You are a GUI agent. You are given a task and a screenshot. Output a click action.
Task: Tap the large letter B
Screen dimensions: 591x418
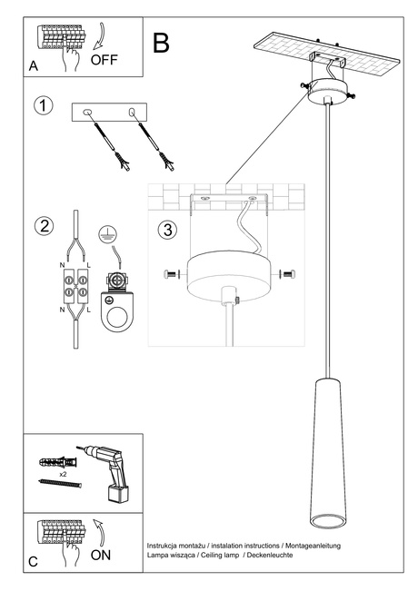pyautogui.click(x=163, y=42)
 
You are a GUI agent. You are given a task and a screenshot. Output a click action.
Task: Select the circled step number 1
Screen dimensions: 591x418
pyautogui.click(x=43, y=106)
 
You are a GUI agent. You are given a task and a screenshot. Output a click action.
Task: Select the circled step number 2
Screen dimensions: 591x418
pyautogui.click(x=43, y=226)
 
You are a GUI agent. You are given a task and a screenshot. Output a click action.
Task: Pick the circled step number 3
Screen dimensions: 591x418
pyautogui.click(x=166, y=230)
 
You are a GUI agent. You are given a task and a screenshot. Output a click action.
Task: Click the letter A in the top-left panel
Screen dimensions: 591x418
pyautogui.click(x=34, y=66)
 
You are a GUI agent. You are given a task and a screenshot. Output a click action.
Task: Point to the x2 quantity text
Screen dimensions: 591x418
pyautogui.click(x=64, y=474)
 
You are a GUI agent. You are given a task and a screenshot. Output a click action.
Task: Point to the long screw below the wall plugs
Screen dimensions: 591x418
pyautogui.click(x=62, y=486)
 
